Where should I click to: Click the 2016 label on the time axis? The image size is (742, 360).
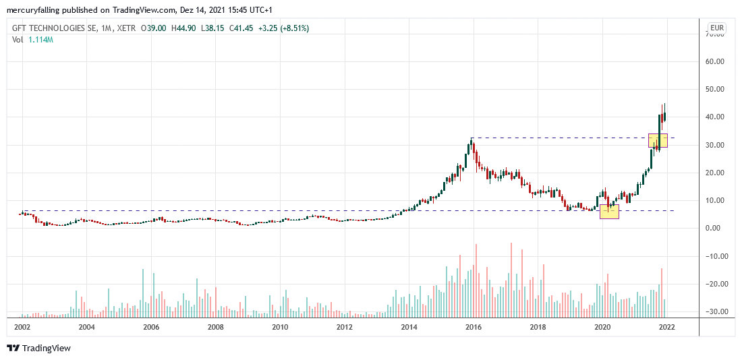474,327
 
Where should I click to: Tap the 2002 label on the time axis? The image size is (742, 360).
22,327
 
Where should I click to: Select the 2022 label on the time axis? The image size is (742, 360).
667,327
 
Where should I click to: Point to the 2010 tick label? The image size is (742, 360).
280,327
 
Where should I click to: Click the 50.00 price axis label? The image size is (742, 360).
715,89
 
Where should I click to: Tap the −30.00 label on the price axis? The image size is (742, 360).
714,311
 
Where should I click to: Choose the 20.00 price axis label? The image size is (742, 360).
715,173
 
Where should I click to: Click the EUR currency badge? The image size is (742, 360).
716,28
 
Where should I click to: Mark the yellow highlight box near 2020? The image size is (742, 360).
609,211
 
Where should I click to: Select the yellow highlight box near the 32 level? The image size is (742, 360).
658,140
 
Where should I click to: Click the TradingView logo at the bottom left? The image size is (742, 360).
39,348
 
